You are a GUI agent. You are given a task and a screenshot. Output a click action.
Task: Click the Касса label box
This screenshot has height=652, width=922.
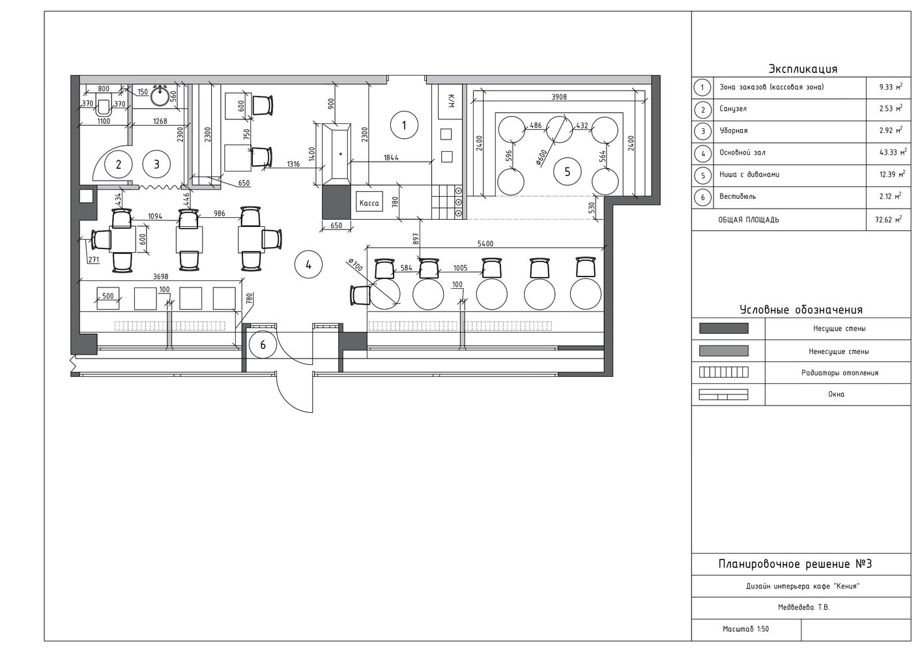pyautogui.click(x=369, y=202)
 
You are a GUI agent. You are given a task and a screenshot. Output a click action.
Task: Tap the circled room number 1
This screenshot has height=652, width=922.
pyautogui.click(x=404, y=125)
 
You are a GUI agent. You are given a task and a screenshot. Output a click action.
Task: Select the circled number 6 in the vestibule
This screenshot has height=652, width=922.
pyautogui.click(x=263, y=344)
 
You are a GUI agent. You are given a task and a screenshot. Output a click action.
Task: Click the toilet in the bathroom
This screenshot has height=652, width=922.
pyautogui.click(x=103, y=106)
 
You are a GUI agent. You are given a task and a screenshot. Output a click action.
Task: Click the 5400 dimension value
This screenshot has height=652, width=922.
pyautogui.click(x=485, y=244)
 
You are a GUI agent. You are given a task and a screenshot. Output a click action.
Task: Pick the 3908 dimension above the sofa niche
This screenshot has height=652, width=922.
pyautogui.click(x=559, y=96)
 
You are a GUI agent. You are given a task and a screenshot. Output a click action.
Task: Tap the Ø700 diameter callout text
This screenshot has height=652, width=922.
pyautogui.click(x=355, y=265)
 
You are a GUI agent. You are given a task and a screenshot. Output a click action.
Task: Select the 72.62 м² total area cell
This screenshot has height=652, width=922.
pyautogui.click(x=889, y=220)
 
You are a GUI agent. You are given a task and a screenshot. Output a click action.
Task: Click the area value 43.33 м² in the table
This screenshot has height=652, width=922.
pyautogui.click(x=891, y=152)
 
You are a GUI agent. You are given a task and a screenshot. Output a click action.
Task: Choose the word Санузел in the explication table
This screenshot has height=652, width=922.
pyautogui.click(x=733, y=109)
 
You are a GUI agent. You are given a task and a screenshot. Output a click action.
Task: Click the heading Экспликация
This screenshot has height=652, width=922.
pyautogui.click(x=803, y=68)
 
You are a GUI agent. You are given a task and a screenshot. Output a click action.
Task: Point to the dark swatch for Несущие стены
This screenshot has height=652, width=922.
pyautogui.click(x=724, y=328)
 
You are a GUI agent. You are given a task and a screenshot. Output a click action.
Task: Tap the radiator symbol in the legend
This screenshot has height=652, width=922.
pyautogui.click(x=724, y=372)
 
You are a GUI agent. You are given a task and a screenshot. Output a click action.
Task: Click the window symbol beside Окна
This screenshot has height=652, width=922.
pyautogui.click(x=724, y=394)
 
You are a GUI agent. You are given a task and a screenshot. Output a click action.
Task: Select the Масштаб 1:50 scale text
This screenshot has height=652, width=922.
pyautogui.click(x=745, y=629)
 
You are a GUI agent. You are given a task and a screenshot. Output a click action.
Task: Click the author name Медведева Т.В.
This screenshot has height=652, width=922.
pyautogui.click(x=803, y=607)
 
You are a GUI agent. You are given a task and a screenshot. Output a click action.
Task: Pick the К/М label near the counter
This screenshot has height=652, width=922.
pyautogui.click(x=451, y=101)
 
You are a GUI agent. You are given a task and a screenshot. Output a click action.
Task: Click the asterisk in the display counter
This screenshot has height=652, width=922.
pyautogui.click(x=340, y=155)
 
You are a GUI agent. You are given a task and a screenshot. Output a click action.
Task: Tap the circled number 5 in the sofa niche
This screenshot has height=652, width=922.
pyautogui.click(x=567, y=171)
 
